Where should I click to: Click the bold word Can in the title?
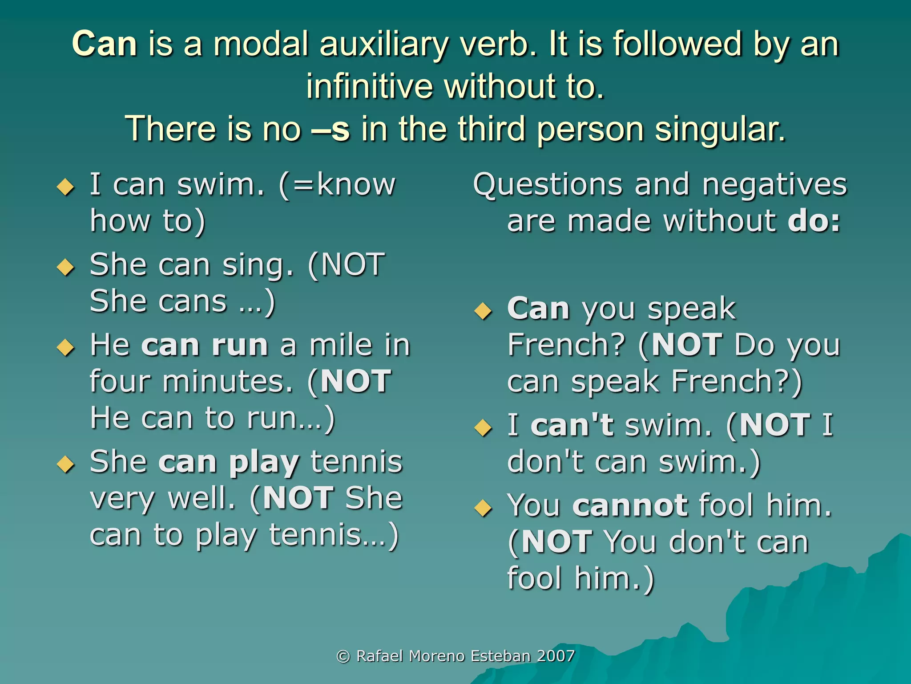pyautogui.click(x=105, y=45)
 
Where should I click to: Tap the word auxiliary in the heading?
pyautogui.click(x=383, y=45)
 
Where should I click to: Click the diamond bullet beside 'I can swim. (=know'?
pyautogui.click(x=66, y=187)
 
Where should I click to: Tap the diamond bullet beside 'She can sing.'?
pyautogui.click(x=66, y=267)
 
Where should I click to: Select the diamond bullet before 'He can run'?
pyautogui.click(x=66, y=347)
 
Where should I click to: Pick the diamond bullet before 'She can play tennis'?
pyautogui.click(x=66, y=464)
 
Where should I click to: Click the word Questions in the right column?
pyautogui.click(x=548, y=185)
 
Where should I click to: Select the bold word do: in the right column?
pyautogui.click(x=814, y=221)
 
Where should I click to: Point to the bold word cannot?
pyautogui.click(x=630, y=506)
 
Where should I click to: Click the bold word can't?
pyautogui.click(x=572, y=425)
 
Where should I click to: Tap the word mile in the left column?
pyautogui.click(x=341, y=346)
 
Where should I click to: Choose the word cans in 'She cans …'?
pyautogui.click(x=193, y=302)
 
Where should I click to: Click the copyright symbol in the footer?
pyautogui.click(x=343, y=656)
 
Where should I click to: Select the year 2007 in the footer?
pyautogui.click(x=556, y=656)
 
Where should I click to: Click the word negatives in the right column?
pyautogui.click(x=774, y=185)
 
